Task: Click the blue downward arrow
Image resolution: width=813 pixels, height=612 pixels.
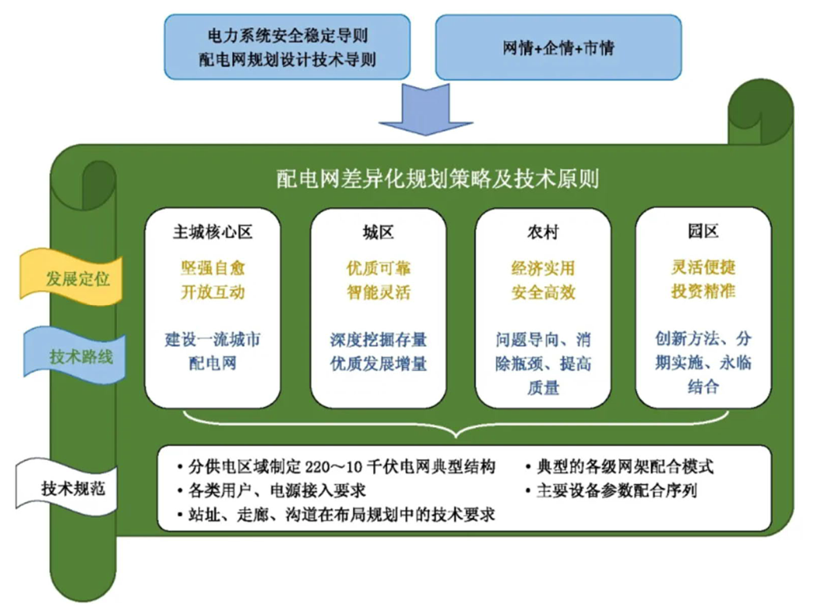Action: [x=425, y=109]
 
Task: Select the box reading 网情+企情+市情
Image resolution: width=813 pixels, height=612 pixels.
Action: [x=558, y=48]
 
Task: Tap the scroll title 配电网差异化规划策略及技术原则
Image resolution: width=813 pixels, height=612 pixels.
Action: [x=437, y=178]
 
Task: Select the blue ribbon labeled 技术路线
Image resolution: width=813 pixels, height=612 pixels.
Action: [x=78, y=356]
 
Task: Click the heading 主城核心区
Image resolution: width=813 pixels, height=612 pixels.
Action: [x=213, y=232]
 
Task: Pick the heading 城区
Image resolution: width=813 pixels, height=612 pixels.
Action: [x=378, y=232]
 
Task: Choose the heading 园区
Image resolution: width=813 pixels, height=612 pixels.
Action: [x=702, y=232]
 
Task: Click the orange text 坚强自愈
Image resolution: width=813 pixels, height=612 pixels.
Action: [x=213, y=267]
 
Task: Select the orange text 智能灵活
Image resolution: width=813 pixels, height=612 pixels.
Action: [x=378, y=292]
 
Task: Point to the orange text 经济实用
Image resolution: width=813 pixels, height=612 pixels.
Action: [x=543, y=267]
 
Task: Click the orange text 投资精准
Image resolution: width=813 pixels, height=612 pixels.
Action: [x=702, y=292]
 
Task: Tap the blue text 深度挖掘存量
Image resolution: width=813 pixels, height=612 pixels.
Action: [x=378, y=340]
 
